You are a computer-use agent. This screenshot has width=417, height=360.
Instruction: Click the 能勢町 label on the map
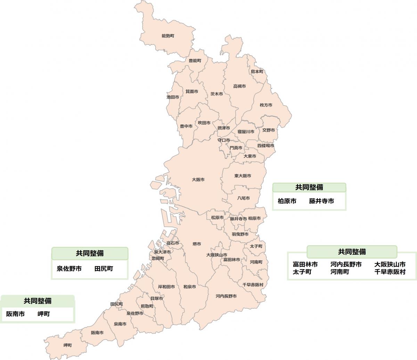tap(168, 36)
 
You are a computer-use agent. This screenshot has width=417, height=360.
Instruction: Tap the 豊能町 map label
tap(195, 60)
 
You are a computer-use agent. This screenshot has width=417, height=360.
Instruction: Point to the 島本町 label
tap(257, 72)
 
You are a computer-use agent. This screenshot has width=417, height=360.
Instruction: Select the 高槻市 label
tap(239, 86)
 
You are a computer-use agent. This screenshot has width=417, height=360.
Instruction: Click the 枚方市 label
tap(266, 105)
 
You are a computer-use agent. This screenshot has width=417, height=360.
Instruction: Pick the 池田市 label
tap(173, 97)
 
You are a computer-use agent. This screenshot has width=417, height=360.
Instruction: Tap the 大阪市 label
tap(198, 180)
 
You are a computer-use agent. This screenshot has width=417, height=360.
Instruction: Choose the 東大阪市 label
tap(243, 176)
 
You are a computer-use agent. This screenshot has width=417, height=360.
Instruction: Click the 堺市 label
tap(197, 244)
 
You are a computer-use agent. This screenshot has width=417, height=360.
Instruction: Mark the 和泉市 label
tap(189, 287)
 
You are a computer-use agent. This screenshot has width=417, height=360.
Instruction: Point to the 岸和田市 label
tap(166, 287)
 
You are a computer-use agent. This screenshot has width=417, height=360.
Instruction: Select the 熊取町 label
tap(147, 306)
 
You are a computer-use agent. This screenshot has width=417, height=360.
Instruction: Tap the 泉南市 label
tap(120, 324)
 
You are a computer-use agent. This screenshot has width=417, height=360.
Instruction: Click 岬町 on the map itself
tap(67, 345)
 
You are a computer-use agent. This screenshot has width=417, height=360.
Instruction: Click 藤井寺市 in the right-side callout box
tap(321, 201)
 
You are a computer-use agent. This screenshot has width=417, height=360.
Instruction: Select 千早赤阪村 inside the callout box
tap(390, 272)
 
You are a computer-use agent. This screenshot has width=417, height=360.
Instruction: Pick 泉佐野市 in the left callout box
tap(69, 269)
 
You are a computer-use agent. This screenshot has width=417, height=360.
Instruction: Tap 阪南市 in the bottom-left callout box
tap(15, 314)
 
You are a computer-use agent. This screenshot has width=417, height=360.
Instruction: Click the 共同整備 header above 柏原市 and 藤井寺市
tap(309, 188)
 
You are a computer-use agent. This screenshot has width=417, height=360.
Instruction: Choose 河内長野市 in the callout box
tap(346, 264)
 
